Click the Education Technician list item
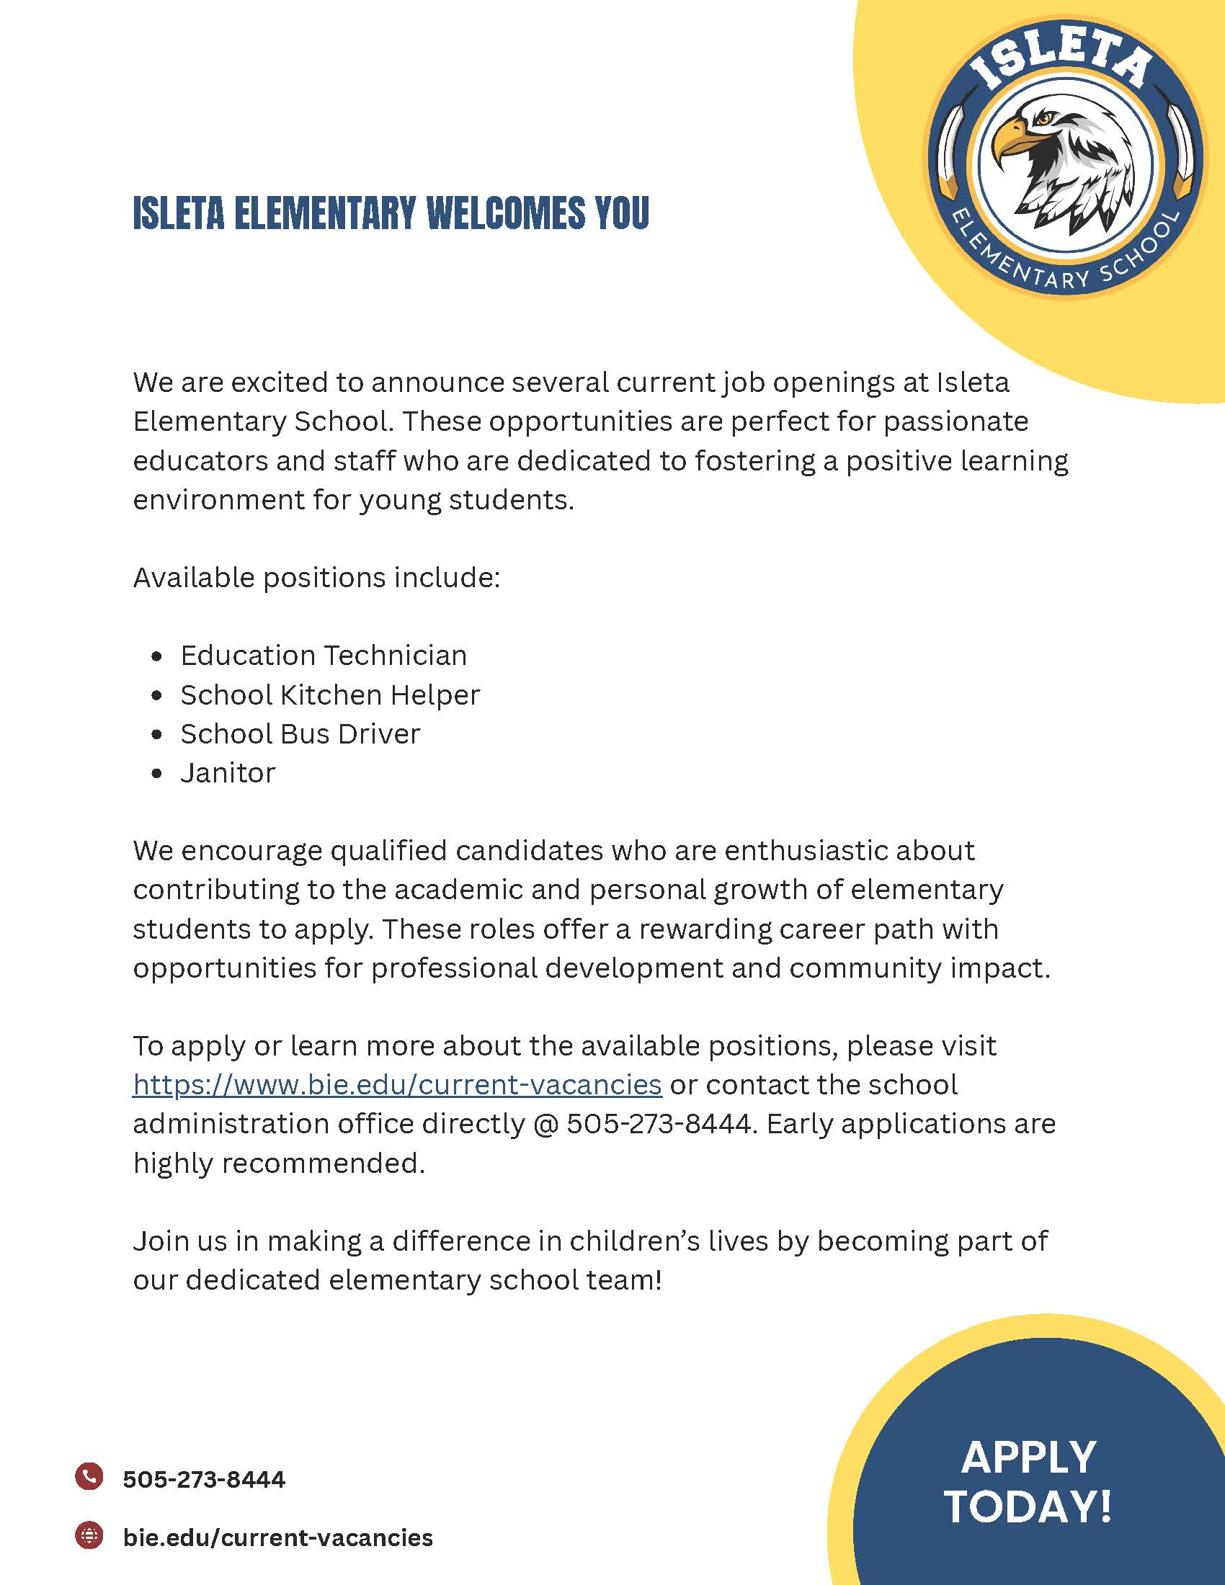[x=324, y=656]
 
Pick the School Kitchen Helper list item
[x=330, y=695]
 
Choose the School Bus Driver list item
[x=300, y=733]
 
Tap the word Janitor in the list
[x=228, y=773]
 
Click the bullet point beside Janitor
[x=157, y=774]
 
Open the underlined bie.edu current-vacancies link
[x=397, y=1084]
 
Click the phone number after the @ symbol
[x=658, y=1123]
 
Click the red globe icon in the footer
[x=89, y=1534]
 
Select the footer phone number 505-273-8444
[x=204, y=1478]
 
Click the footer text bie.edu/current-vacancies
[x=278, y=1537]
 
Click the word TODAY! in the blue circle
[x=1028, y=1506]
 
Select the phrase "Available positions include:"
[x=316, y=578]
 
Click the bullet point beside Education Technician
[x=157, y=656]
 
